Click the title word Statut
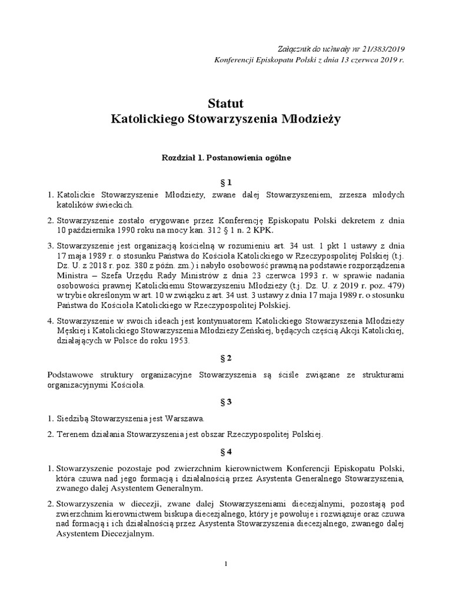pos(225,104)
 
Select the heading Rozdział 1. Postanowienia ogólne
pos(226,158)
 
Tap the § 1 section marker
pos(226,183)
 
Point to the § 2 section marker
pos(226,357)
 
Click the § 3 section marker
pos(226,402)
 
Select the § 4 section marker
pos(226,452)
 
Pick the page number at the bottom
pos(226,564)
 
